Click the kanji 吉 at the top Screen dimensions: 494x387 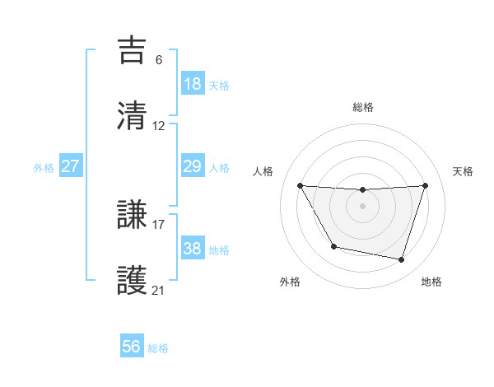pyautogui.click(x=132, y=49)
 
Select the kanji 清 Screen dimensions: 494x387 pyautogui.click(x=132, y=115)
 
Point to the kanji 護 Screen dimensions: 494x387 pyautogui.click(x=132, y=280)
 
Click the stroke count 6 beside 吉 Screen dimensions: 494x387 pyautogui.click(x=158, y=59)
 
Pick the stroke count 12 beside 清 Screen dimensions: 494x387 pyautogui.click(x=159, y=126)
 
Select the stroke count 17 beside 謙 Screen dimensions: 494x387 pyautogui.click(x=159, y=223)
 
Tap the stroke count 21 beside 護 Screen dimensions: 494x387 pyautogui.click(x=159, y=290)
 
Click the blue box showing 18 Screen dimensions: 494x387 pyautogui.click(x=192, y=84)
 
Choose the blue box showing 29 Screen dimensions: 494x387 pyautogui.click(x=192, y=166)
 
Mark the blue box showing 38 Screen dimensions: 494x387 pyautogui.click(x=192, y=249)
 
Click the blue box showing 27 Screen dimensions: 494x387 pyautogui.click(x=71, y=166)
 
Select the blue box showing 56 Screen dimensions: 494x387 pyautogui.click(x=132, y=347)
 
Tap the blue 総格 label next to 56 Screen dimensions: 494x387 pyautogui.click(x=158, y=348)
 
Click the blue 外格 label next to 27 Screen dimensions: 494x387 pyautogui.click(x=44, y=167)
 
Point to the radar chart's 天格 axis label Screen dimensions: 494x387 pyautogui.click(x=464, y=171)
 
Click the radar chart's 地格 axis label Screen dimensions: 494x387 pyautogui.click(x=431, y=282)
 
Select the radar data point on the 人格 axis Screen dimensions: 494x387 pyautogui.click(x=300, y=185)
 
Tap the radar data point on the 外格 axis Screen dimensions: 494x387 pyautogui.click(x=333, y=246)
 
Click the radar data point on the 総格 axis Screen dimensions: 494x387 pyautogui.click(x=362, y=190)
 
